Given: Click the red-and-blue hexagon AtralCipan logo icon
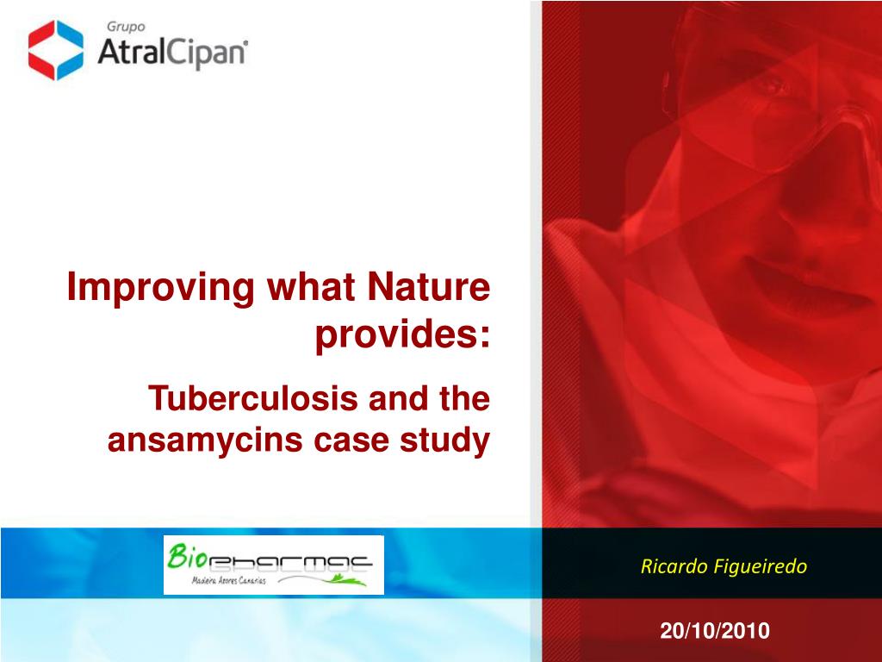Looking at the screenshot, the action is coord(56,50).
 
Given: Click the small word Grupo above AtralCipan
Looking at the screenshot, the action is coord(126,27).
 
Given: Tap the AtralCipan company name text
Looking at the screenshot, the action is coord(171,53).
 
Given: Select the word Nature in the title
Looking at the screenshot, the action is coord(429,286).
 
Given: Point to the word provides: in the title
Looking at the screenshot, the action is coord(403,335).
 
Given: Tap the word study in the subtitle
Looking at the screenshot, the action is coord(445,440).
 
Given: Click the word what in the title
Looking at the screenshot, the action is coord(311,286).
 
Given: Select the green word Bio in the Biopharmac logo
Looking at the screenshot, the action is coord(183,557).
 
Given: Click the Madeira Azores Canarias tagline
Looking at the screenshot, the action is coord(228,580).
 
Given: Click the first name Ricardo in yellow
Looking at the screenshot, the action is coord(674,565).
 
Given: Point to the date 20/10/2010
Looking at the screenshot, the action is coord(715,630).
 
